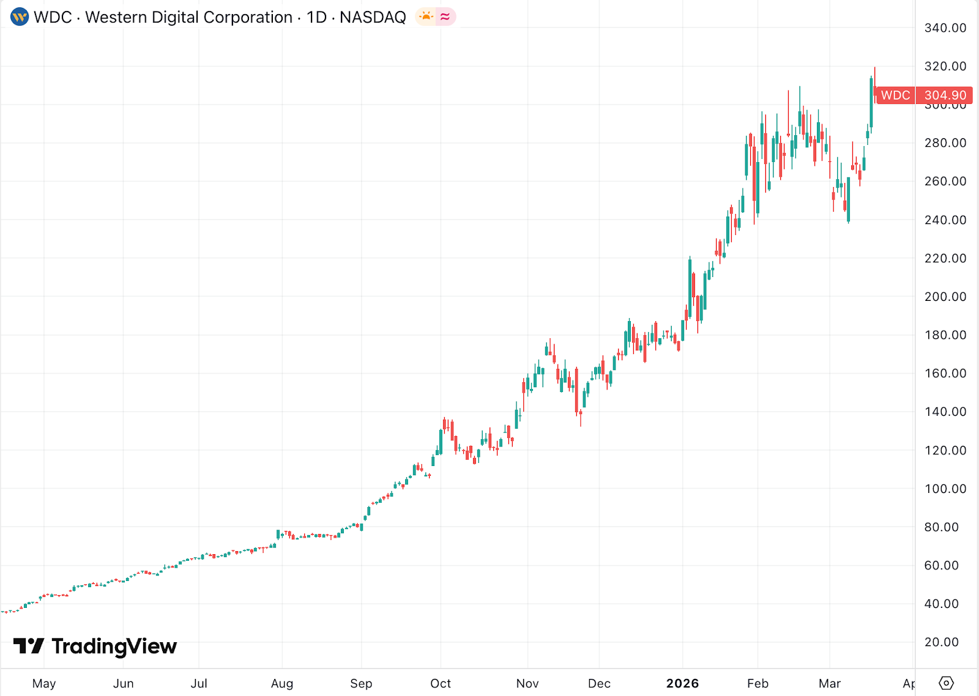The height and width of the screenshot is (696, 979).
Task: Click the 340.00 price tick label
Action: coord(945,28)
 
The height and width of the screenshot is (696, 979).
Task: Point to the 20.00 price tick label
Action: coord(941,642)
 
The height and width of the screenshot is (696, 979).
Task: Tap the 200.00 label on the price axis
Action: coord(945,297)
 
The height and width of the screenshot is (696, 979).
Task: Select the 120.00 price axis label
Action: coord(945,451)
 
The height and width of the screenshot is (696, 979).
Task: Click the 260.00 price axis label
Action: coord(945,182)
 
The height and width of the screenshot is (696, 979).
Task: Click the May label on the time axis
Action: coord(44,683)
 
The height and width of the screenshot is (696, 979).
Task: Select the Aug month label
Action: coord(282,683)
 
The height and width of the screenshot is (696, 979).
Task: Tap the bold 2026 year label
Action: coord(682,683)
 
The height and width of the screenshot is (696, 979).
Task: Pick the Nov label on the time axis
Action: coord(527,683)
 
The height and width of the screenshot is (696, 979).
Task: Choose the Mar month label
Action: coord(830,683)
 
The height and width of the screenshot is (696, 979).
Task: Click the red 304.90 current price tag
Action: coord(945,95)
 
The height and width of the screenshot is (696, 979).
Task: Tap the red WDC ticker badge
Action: coord(895,95)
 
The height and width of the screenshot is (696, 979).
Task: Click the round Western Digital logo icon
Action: coord(20,17)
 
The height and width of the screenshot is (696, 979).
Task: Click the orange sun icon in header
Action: coord(426,17)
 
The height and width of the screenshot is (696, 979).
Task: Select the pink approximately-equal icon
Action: coord(445,17)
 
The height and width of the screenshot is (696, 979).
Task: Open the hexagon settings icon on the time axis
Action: coord(946,683)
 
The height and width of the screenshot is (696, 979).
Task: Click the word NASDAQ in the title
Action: coord(373,17)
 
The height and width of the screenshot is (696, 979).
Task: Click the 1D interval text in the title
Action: coord(316,17)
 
